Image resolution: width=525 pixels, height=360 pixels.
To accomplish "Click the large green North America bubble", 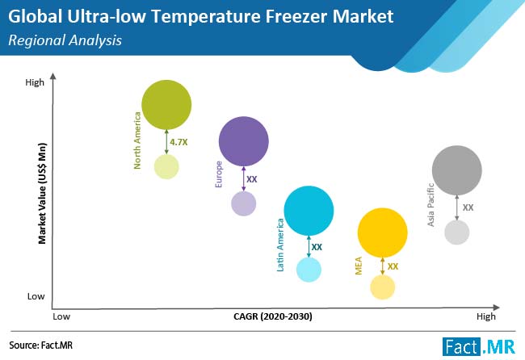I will (166, 104).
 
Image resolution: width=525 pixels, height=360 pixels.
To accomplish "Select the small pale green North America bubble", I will (166, 166).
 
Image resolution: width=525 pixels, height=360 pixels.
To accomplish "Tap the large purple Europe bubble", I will (243, 141).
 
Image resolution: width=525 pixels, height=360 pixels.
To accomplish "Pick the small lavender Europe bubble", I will (243, 203).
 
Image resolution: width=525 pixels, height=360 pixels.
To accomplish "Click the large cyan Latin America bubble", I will (309, 211).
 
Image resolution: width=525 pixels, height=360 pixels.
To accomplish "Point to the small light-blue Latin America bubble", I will (309, 270).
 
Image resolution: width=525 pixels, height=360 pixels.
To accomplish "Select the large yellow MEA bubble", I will (382, 232).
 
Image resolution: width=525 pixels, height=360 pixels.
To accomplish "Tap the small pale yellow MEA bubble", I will (382, 287).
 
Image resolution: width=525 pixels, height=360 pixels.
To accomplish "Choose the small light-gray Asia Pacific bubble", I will (457, 232).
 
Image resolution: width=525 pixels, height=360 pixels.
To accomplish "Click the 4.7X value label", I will (178, 141).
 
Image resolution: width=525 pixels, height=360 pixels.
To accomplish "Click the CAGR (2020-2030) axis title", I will (270, 316).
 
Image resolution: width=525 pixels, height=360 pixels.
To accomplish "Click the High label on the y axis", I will (35, 82).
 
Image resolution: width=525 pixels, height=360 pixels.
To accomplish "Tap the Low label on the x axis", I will (62, 316).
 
